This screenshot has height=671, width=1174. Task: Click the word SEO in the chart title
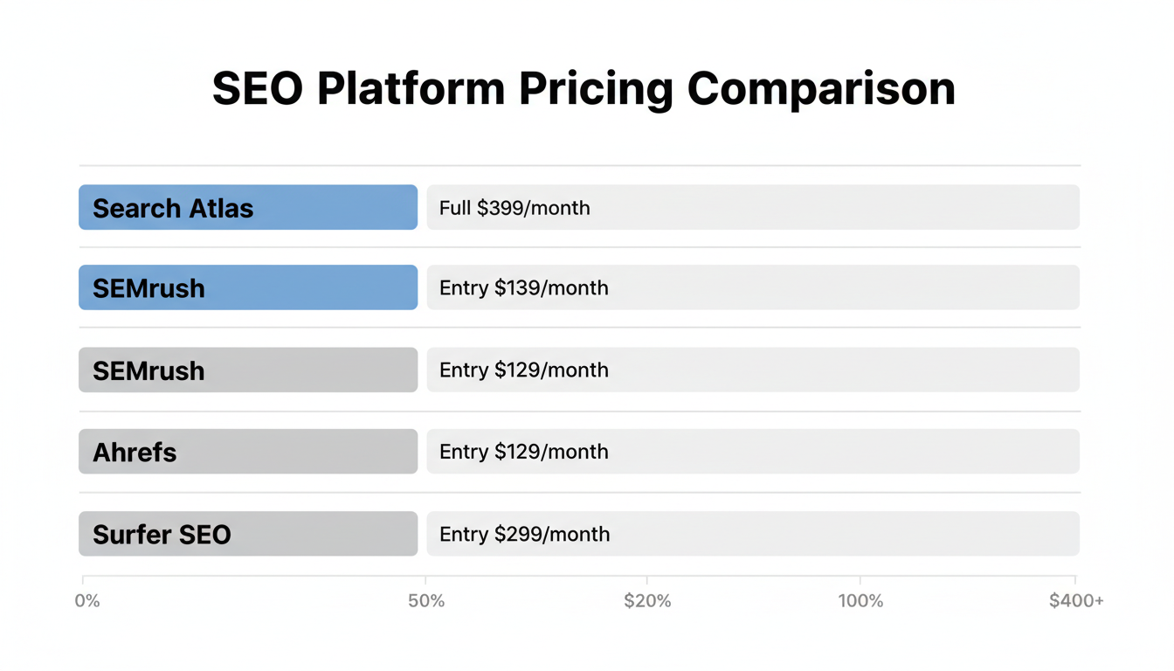coord(258,89)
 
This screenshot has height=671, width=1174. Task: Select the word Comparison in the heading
coord(821,89)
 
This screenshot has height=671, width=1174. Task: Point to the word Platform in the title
coord(411,89)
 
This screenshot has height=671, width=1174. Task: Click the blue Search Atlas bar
coord(248,208)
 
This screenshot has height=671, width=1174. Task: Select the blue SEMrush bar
coord(248,287)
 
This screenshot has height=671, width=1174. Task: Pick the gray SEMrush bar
coord(248,370)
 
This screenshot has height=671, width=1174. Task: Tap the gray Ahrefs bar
coord(248,452)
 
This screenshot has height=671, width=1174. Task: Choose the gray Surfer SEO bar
coord(248,534)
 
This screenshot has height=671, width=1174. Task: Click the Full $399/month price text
coord(514,208)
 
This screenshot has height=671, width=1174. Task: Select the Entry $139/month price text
coord(523,287)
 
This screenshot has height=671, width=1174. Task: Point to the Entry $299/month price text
coord(524,534)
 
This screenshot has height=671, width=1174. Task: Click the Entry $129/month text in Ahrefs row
coord(523,452)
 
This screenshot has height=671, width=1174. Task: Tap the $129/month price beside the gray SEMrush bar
coord(551,370)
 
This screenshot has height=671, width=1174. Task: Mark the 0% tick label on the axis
coord(87,601)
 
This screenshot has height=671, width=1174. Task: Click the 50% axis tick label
coord(426,601)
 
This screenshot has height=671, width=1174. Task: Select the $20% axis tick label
coord(647,601)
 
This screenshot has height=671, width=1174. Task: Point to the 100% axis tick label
coord(860,601)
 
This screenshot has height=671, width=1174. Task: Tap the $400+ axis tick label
coord(1076,601)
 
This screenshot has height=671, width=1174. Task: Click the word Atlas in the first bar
coord(218,208)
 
